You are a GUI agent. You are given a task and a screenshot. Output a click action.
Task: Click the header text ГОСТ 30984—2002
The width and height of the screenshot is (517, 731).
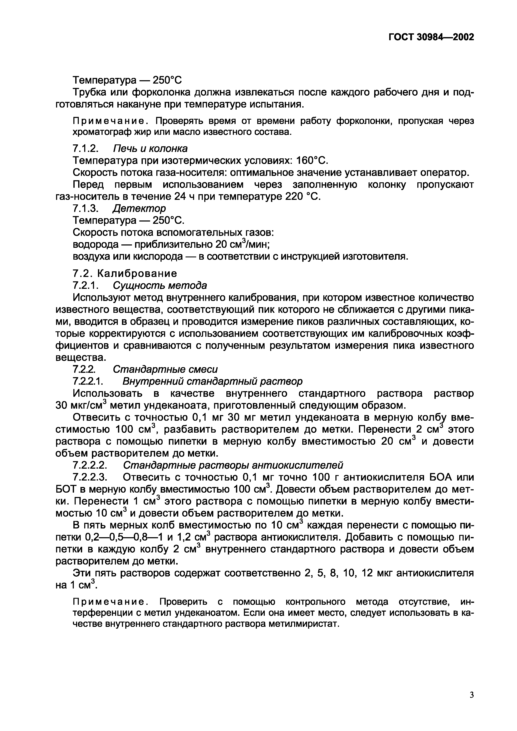coord(431,37)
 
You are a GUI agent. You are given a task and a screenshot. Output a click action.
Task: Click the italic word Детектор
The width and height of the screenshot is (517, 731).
coord(139,208)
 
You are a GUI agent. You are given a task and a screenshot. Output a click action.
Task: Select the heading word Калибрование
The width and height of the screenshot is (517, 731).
coord(137,273)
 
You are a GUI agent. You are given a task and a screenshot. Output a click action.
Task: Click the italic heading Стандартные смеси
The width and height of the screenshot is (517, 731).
coord(165,369)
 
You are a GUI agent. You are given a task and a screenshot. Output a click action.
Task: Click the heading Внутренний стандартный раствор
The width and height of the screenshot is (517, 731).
coord(212,381)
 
